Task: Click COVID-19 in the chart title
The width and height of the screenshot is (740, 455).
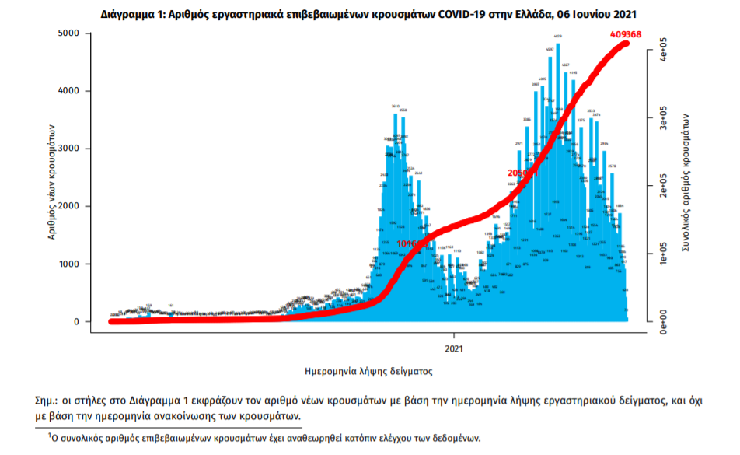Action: point(448,14)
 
